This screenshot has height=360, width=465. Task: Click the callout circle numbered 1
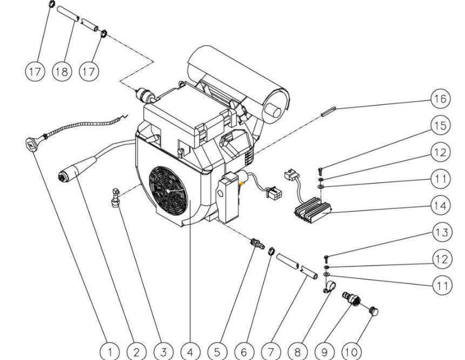click(110, 352)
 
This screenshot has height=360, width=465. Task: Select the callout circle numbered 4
click(190, 352)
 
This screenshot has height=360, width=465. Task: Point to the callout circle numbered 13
click(441, 233)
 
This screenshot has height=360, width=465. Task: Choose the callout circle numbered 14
click(441, 205)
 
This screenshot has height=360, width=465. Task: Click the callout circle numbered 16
click(441, 99)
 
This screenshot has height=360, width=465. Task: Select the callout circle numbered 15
click(441, 125)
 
